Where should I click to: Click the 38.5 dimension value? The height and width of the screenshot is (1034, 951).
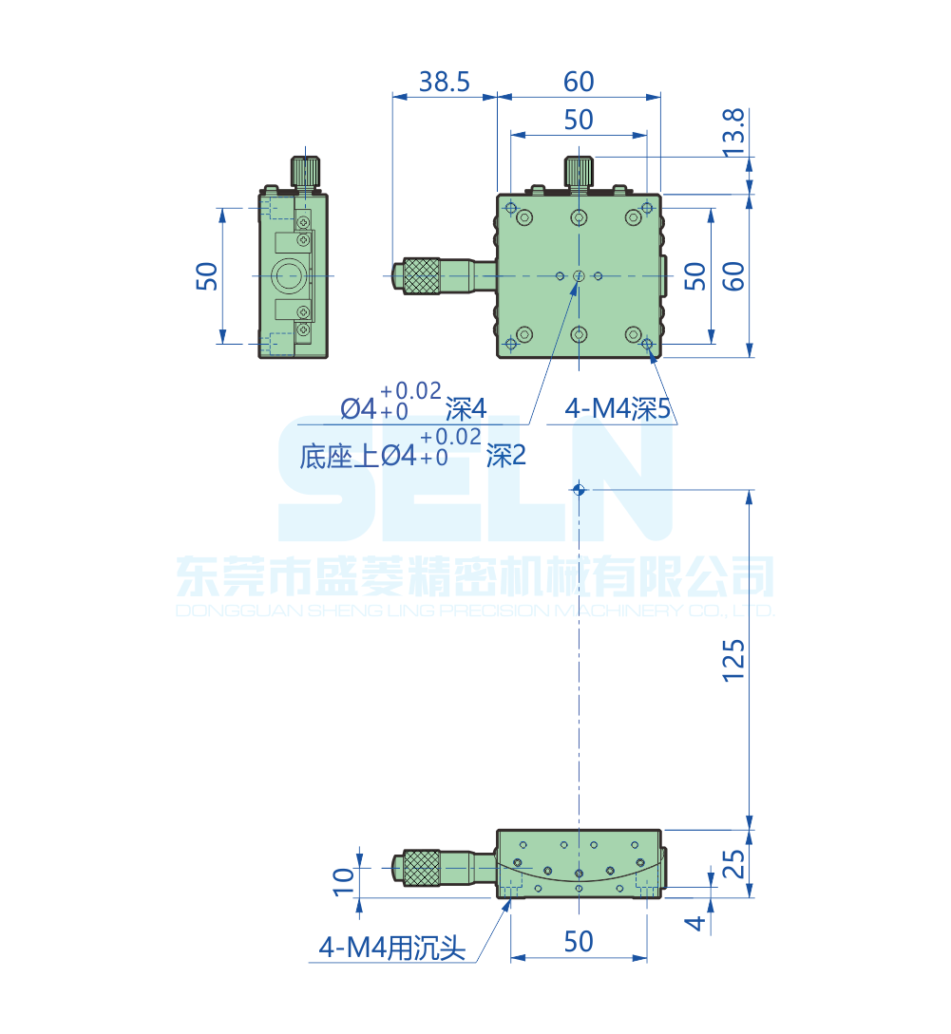445,83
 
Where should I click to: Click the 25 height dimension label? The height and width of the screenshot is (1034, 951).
734,863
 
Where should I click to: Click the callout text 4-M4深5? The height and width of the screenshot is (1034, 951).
618,409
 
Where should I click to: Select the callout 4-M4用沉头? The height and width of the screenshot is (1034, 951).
392,947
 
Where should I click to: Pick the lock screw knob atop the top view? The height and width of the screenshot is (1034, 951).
579,171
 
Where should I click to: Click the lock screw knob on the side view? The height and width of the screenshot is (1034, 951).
305,172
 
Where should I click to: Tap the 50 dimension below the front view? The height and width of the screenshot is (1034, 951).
578,941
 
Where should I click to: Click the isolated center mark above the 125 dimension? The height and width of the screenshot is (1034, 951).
579,491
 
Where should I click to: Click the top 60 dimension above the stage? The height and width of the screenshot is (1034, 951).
578,83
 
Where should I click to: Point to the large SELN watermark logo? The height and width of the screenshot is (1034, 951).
475,484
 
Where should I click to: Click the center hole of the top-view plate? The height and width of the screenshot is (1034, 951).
579,276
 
